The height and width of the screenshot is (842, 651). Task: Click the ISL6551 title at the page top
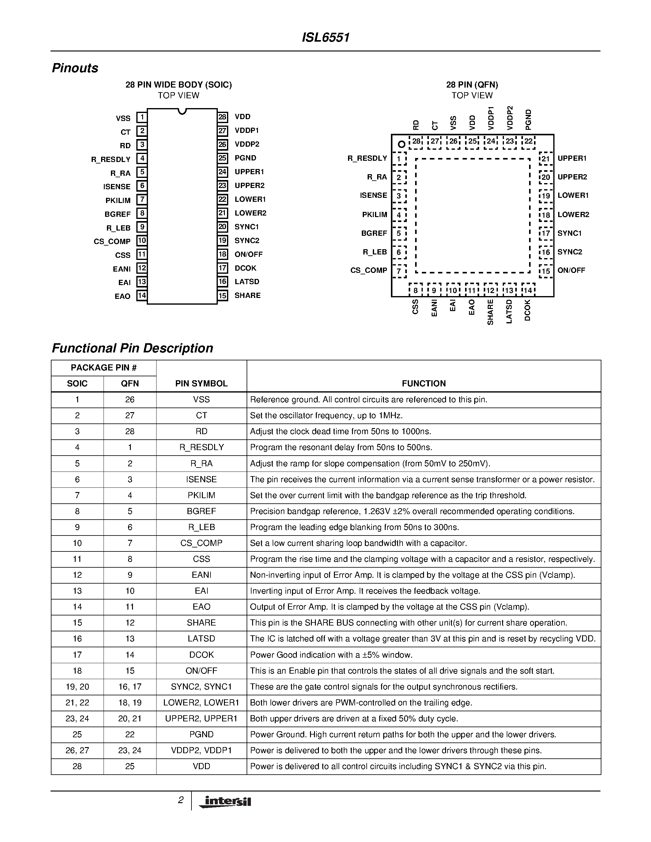coord(325,38)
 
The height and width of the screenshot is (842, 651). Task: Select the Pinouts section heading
coord(75,68)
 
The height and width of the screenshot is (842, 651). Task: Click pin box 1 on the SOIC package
coord(142,117)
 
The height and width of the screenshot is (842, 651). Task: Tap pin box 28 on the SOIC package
coord(222,117)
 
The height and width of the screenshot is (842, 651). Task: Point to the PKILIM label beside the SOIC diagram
coord(118,201)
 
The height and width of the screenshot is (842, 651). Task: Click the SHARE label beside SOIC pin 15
coord(248,296)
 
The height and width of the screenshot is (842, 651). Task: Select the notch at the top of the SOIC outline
coord(182,112)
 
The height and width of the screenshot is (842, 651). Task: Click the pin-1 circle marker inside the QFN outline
coord(402,145)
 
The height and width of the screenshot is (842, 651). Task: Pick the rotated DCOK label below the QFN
coord(528,310)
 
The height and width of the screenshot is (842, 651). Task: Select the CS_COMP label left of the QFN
coord(368,271)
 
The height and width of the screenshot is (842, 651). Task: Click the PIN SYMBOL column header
coord(201,384)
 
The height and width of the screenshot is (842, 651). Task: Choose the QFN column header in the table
coord(130,384)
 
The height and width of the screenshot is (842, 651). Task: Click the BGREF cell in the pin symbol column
coord(201,511)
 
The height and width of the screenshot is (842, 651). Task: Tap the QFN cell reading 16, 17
coord(130,687)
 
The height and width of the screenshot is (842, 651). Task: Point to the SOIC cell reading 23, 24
coord(77,719)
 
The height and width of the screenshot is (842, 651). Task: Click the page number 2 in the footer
coord(180,800)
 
